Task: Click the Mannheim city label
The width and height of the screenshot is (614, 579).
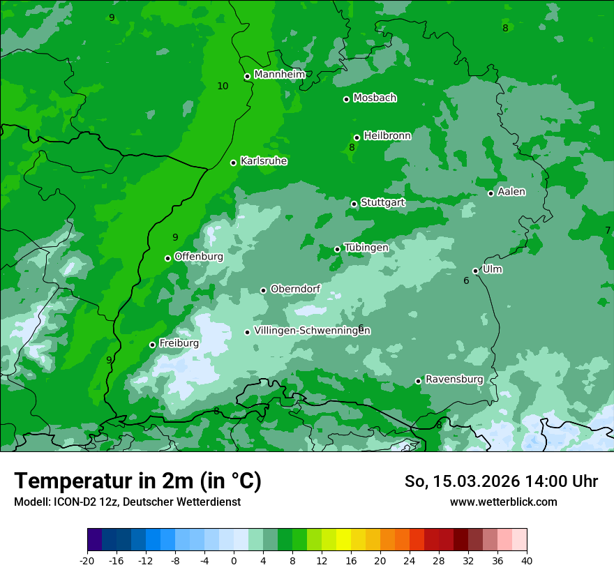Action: [x=280, y=74]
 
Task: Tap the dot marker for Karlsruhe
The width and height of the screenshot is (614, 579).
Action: [x=234, y=163]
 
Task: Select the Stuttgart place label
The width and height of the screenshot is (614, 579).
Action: [x=383, y=202]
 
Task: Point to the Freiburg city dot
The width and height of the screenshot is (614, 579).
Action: [x=152, y=345]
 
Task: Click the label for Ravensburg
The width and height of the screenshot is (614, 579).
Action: [x=454, y=379]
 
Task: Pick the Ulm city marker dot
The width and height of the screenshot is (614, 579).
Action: [x=476, y=271]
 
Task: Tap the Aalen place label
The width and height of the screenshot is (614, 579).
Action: [x=511, y=191]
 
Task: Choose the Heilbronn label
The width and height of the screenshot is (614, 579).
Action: [x=387, y=135]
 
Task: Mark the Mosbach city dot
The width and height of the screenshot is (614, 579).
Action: [x=346, y=99]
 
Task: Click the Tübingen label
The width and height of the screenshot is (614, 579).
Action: [x=366, y=248]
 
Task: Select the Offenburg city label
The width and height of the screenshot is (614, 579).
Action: [x=199, y=256]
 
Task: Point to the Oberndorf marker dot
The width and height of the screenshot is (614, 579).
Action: [x=263, y=290]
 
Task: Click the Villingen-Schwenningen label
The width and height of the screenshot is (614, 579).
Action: [x=312, y=330]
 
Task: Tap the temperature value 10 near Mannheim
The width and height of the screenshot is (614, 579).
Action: [x=223, y=86]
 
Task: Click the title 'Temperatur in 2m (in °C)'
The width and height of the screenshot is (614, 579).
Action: [x=138, y=481]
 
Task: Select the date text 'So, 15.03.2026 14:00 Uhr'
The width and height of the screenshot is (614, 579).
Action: [x=501, y=481]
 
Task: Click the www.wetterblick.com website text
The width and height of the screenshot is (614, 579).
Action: [x=503, y=502]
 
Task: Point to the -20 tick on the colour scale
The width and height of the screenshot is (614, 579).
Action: [x=87, y=560]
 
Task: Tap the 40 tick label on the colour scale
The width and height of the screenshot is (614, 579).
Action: [x=527, y=560]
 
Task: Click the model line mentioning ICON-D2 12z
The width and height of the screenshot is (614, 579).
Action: [x=127, y=502]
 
